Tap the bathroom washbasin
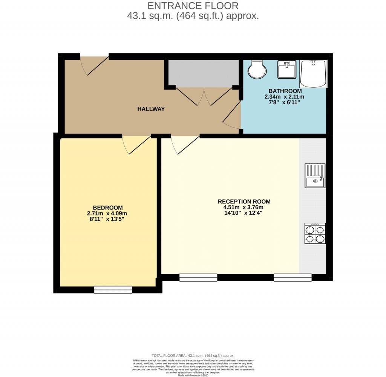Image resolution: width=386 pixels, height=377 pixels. point(287,70)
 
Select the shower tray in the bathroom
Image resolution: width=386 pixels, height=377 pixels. point(313,74)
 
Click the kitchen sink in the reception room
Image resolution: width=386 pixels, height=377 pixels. point(315,176)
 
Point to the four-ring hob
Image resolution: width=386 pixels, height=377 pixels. point(315,233)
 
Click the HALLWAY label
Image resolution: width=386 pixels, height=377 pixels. point(151,109)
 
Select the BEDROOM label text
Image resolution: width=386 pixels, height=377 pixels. point(108,208)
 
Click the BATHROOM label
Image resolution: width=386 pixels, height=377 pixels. point(285,91)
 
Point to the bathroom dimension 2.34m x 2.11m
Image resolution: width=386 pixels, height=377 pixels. point(284,97)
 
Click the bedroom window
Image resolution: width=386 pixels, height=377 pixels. point(113,290)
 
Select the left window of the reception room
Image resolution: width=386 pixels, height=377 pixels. point(198,278)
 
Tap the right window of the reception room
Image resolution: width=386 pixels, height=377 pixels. point(293,278)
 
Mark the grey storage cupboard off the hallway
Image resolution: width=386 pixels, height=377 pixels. point(203,72)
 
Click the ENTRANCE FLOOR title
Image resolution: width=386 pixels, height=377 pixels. point(193,6)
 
